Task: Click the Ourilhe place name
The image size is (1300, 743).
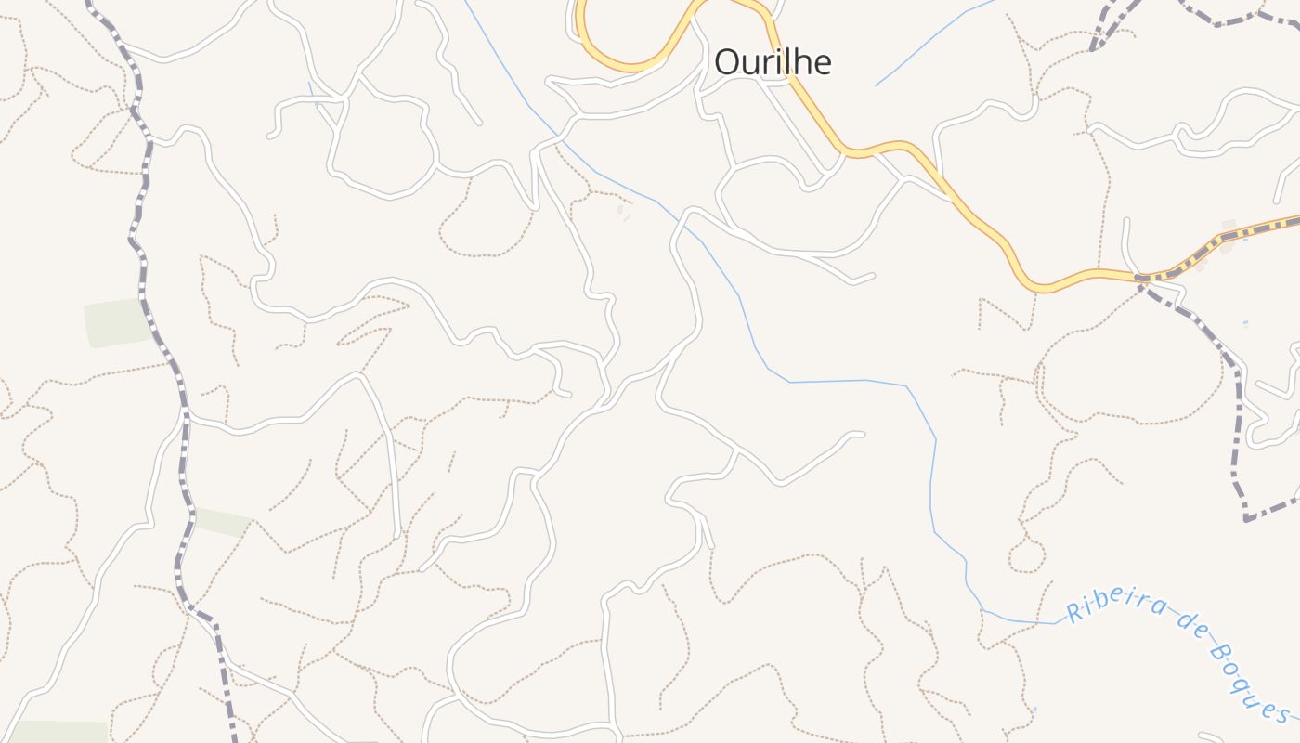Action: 773,61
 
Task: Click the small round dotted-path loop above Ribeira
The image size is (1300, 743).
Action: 1026,555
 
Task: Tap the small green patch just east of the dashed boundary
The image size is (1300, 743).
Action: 223,522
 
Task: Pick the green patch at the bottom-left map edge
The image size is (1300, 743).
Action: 56,732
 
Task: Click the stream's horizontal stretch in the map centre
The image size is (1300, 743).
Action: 845,381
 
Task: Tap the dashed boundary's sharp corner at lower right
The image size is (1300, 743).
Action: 1246,518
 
